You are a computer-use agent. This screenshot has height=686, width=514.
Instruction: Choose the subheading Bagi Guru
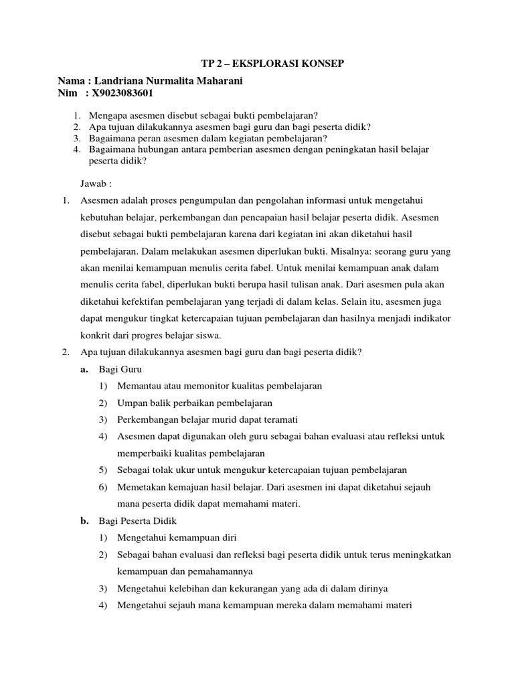click(x=120, y=369)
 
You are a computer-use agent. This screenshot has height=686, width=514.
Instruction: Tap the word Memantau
click(x=139, y=386)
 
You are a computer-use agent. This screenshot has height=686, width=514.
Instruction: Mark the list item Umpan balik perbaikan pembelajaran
click(x=194, y=403)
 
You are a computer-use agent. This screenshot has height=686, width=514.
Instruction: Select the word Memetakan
click(x=140, y=486)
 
